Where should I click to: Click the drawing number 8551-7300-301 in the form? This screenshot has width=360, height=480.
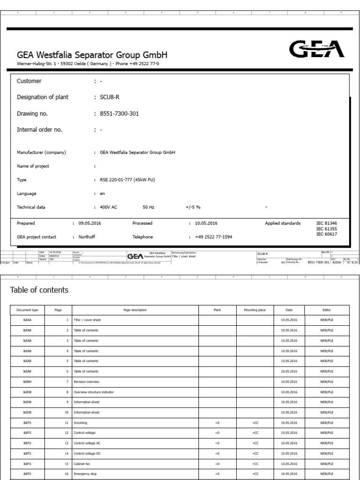point(116,113)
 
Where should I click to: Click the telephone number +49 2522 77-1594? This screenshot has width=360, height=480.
point(214,237)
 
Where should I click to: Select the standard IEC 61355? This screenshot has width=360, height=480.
point(326,229)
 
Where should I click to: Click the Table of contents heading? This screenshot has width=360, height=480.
point(39,290)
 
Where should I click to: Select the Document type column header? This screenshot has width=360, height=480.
point(24,309)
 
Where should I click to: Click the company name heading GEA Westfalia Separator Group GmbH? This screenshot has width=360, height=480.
point(92,55)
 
